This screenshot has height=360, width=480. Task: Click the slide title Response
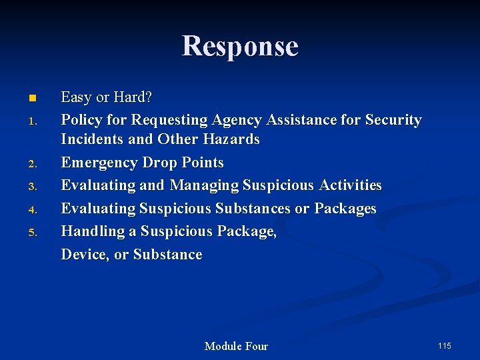click(240, 46)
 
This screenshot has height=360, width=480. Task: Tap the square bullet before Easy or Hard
click(31, 99)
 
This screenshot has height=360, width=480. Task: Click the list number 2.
click(31, 164)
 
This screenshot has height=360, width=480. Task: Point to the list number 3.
click(31, 187)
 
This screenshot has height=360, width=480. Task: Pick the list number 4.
click(31, 210)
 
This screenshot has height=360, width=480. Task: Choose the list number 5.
click(31, 233)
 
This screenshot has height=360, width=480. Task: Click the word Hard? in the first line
click(133, 97)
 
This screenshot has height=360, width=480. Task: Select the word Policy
click(81, 120)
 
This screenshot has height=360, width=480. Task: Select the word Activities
click(350, 185)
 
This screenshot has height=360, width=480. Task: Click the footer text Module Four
click(236, 346)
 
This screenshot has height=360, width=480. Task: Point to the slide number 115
click(445, 345)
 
